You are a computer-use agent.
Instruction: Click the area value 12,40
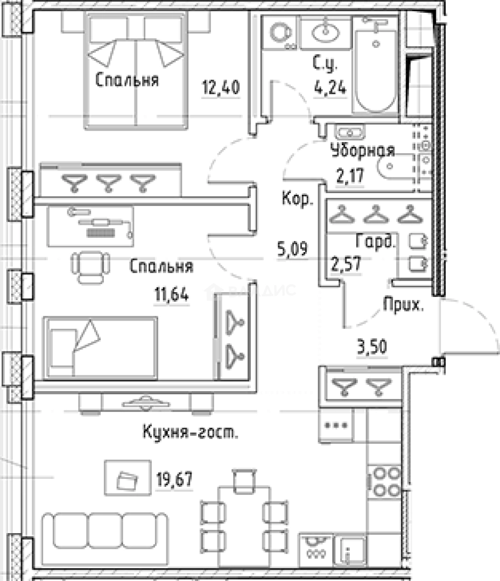coord(221,88)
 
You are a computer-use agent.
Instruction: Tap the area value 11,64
coord(172,295)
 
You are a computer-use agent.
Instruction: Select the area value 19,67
coord(174,479)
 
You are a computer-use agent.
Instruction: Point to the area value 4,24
coord(330,88)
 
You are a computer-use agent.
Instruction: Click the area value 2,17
coord(350,176)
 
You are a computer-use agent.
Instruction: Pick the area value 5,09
coord(292,249)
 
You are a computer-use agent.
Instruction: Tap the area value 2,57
coord(346,264)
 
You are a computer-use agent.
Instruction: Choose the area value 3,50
coord(372,347)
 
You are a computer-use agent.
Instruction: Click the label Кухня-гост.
coord(190,432)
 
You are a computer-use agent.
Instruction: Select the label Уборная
coord(363,150)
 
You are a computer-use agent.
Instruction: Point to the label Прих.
coord(403,305)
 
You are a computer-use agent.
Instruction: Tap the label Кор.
coord(298,199)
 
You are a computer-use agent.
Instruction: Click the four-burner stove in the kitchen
coord(385,481)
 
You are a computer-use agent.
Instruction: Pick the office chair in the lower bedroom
coord(90,267)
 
